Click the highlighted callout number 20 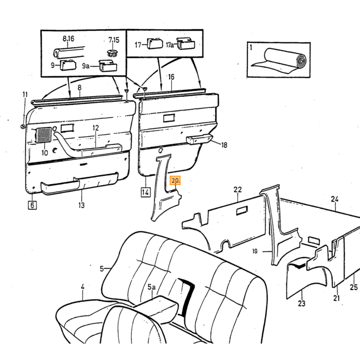tap(175, 181)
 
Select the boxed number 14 tap(146, 192)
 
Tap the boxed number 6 tap(32, 205)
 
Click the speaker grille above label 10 tap(43, 135)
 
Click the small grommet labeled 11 tap(23, 127)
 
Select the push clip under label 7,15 tap(113, 53)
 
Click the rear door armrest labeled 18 tap(200, 139)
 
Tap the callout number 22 tap(238, 190)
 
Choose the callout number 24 tap(334, 199)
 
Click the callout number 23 tap(301, 303)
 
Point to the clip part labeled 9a tap(107, 66)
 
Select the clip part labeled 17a tap(186, 44)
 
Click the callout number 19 tap(255, 251)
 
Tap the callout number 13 tap(81, 205)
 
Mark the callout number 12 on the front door tap(96, 128)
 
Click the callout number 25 tap(354, 287)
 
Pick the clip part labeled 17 tap(155, 44)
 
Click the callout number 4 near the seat tap(82, 287)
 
